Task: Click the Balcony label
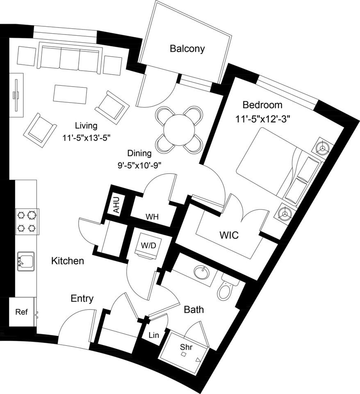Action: pyautogui.click(x=187, y=49)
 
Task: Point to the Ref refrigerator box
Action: pyautogui.click(x=21, y=312)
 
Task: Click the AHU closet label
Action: pyautogui.click(x=116, y=205)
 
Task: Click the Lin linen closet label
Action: pyautogui.click(x=154, y=335)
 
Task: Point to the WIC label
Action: pyautogui.click(x=229, y=236)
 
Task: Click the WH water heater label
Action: pyautogui.click(x=153, y=216)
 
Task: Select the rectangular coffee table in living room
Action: pyautogui.click(x=70, y=94)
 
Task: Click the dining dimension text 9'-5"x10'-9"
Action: pyautogui.click(x=139, y=166)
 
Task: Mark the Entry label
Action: pyautogui.click(x=82, y=298)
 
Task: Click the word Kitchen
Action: pyautogui.click(x=68, y=261)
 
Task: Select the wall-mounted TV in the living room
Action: pyautogui.click(x=16, y=95)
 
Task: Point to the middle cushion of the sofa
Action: pyautogui.click(x=69, y=60)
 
